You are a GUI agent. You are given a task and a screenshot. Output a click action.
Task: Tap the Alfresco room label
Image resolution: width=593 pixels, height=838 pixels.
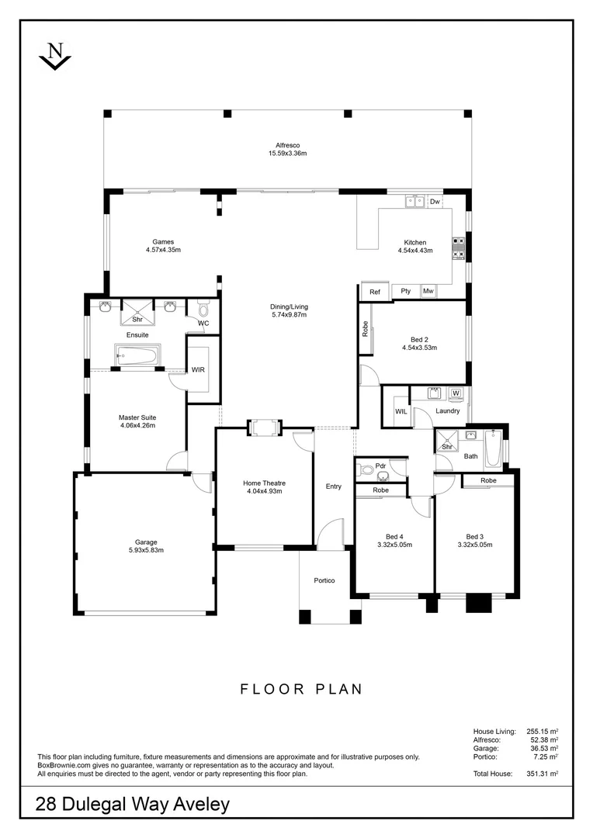pyautogui.click(x=287, y=145)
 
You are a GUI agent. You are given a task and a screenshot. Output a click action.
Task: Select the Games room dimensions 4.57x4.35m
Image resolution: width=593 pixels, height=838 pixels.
pyautogui.click(x=163, y=250)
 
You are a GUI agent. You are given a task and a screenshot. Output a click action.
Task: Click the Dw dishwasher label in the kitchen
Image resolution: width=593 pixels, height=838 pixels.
pyautogui.click(x=435, y=202)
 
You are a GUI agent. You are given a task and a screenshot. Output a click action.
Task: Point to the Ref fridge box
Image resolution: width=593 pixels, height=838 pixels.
pyautogui.click(x=375, y=292)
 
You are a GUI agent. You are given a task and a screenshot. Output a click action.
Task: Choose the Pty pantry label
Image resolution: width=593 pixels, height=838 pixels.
pyautogui.click(x=405, y=292)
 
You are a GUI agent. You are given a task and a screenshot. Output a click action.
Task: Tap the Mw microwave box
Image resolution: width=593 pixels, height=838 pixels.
pyautogui.click(x=428, y=292)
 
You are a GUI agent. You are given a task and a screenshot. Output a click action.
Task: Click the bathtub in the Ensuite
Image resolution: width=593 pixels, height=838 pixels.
pyautogui.click(x=137, y=356)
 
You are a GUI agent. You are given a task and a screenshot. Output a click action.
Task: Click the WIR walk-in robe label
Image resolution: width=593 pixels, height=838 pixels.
pyautogui.click(x=199, y=370)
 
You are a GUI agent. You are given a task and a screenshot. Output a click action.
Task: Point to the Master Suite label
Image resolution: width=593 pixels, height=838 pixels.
pyautogui.click(x=137, y=417)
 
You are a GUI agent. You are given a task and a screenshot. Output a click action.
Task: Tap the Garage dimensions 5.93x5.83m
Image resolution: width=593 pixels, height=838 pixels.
pyautogui.click(x=146, y=550)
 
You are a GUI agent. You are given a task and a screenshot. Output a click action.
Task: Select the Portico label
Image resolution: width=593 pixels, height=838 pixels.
pyautogui.click(x=324, y=580)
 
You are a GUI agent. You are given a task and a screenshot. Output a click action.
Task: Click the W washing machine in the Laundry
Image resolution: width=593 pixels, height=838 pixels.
pyautogui.click(x=456, y=393)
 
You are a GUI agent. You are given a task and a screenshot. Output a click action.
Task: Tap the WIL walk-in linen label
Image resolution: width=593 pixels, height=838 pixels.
pyautogui.click(x=401, y=411)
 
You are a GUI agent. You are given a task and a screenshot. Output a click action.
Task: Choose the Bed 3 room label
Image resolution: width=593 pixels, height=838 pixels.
pyautogui.click(x=474, y=536)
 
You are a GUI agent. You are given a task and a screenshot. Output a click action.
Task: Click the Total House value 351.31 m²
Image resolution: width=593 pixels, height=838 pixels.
pyautogui.click(x=543, y=774)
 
